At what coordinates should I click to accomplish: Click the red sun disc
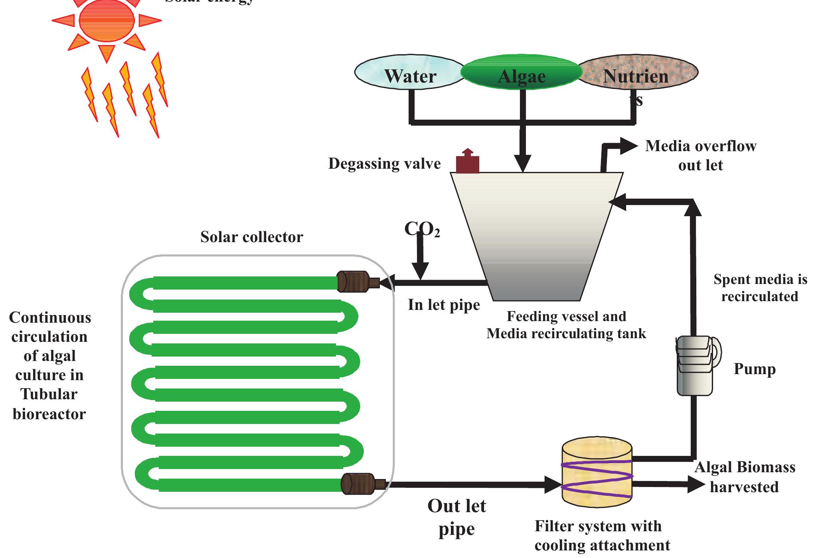(x=107, y=21)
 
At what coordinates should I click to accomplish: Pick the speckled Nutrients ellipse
(x=637, y=74)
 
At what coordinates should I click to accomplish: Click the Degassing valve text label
(x=384, y=164)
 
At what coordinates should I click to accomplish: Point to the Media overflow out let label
(x=700, y=156)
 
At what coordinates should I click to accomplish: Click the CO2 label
(x=421, y=229)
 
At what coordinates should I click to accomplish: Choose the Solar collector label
(x=251, y=237)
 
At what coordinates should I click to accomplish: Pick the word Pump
(x=755, y=369)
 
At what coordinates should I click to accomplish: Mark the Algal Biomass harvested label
(x=745, y=477)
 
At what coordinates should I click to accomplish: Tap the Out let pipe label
(x=456, y=517)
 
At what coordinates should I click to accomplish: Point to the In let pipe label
(x=444, y=305)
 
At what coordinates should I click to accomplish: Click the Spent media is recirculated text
(x=760, y=288)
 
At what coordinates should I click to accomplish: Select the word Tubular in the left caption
(x=49, y=394)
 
